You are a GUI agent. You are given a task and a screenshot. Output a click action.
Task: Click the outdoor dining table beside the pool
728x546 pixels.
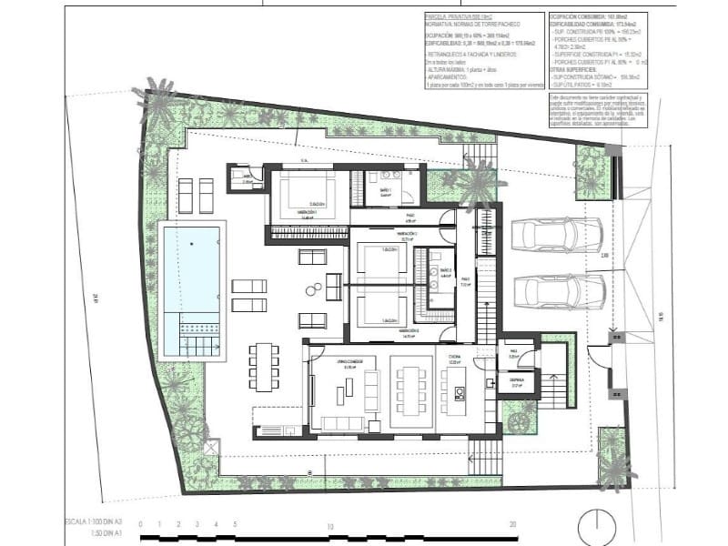265,366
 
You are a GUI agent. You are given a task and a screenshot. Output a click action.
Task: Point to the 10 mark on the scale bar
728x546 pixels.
331,525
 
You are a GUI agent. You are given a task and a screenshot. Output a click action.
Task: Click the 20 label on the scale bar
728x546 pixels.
514,525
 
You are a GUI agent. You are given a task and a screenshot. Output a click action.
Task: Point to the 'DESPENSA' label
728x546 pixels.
514,383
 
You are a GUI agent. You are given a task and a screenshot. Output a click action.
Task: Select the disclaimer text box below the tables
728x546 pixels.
597,110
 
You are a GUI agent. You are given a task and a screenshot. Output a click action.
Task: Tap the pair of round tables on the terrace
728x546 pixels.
315,290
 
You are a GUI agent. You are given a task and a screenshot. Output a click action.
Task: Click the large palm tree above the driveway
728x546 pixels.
474,183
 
